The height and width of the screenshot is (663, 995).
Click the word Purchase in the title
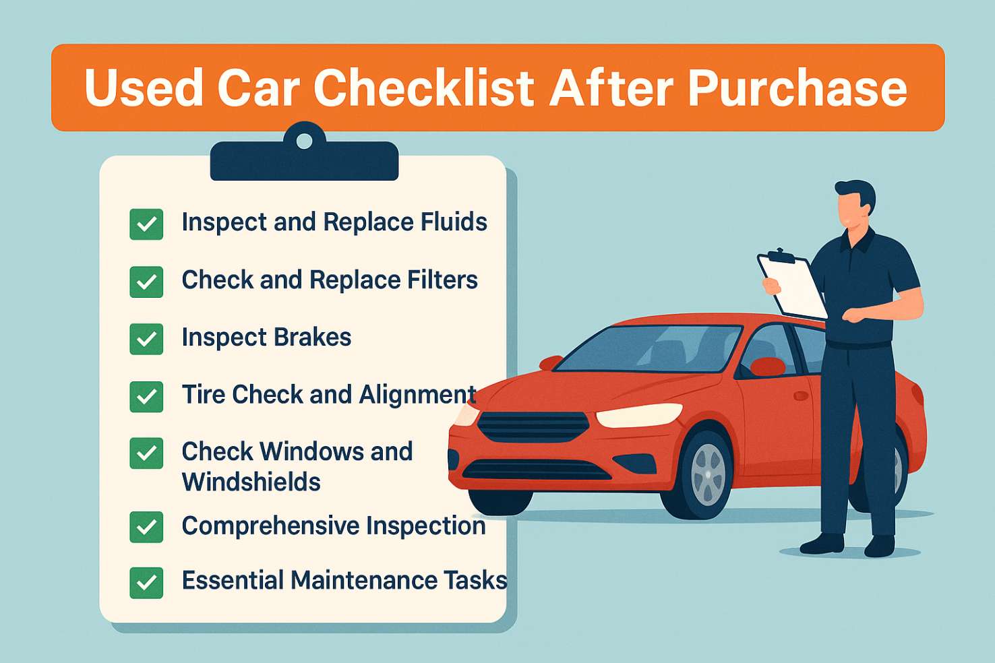coord(797,88)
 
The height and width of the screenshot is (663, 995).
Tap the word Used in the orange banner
coord(144,88)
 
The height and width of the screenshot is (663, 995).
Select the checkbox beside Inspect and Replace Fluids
coord(146,224)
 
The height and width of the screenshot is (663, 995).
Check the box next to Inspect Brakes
coord(146,340)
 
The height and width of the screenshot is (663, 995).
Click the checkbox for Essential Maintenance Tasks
coord(146,583)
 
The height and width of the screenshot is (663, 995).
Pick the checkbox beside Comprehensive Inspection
coord(146,527)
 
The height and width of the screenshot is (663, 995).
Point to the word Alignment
coord(417,395)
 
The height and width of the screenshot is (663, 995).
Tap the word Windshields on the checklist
coord(251,482)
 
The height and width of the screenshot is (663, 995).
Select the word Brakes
coord(312,337)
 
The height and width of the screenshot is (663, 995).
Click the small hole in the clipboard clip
coord(304,141)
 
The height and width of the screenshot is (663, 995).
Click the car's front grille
coord(533,427)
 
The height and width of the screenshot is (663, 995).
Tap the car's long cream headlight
coord(639,415)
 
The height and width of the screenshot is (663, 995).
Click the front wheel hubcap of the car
coord(708,474)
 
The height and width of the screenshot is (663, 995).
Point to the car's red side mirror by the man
coord(768,367)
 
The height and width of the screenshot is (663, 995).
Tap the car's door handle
coord(801,396)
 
